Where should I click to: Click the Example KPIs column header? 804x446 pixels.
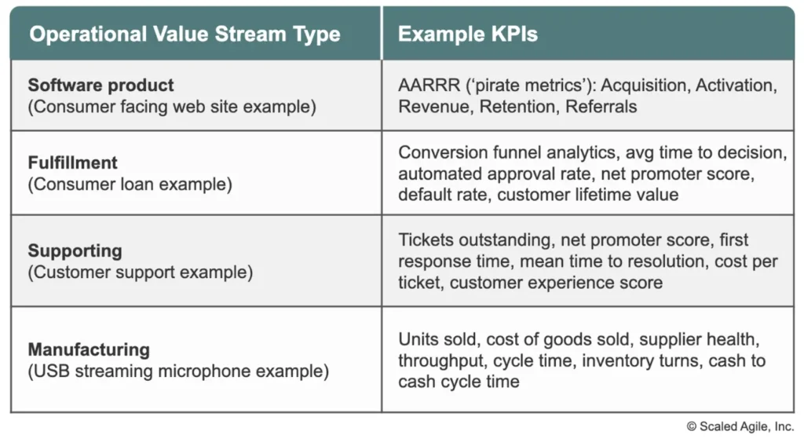467,35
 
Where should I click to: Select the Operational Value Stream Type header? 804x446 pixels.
185,35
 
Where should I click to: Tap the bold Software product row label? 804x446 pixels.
101,85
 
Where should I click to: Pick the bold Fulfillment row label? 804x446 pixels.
72,163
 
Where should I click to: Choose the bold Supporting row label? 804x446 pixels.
75,250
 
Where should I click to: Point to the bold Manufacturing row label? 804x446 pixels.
89,349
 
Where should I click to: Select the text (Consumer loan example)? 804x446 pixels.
130,185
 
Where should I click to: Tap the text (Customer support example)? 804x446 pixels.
141,273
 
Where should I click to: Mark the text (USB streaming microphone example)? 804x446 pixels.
178,371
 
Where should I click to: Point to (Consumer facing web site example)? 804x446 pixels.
172,107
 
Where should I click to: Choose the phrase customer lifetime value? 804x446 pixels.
587,194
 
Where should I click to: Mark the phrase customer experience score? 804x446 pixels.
556,282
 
